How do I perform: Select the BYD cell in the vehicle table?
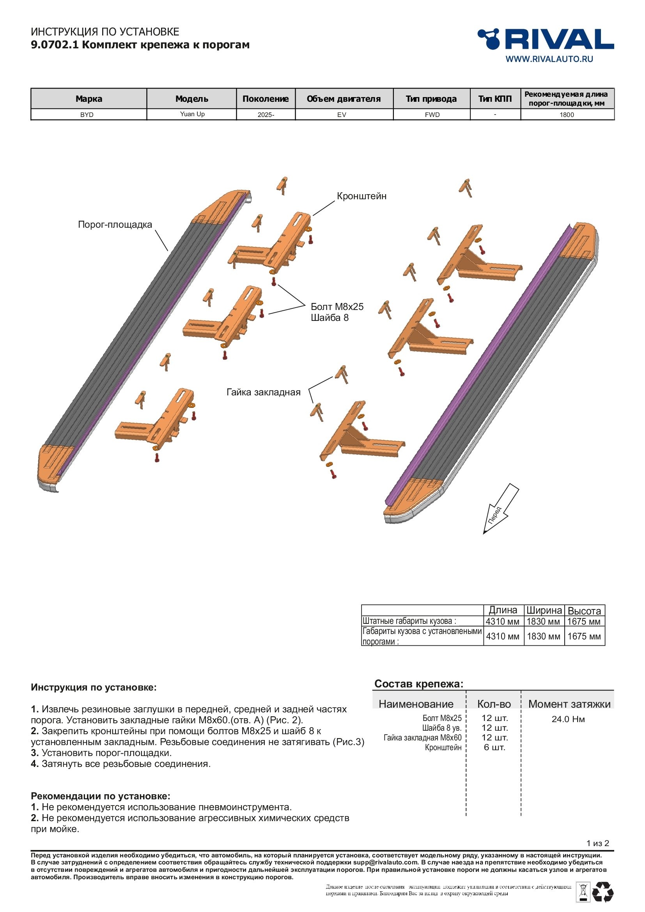coord(87,115)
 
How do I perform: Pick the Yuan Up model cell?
coord(192,114)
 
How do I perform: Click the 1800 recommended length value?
coord(567,115)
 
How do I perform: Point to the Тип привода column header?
coord(431,99)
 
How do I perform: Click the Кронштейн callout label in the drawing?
coord(361,196)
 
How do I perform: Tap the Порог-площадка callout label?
coord(115,225)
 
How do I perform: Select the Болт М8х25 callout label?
coord(337,306)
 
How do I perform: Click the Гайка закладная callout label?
coord(263,393)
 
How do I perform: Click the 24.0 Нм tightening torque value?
coord(568,719)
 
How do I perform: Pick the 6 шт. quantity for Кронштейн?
coord(494,747)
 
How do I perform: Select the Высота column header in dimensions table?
coord(584,611)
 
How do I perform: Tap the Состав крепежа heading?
coord(418,684)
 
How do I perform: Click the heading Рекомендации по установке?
coord(101,796)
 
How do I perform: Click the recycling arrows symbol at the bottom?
coord(603,892)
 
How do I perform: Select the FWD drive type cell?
coord(432,115)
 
